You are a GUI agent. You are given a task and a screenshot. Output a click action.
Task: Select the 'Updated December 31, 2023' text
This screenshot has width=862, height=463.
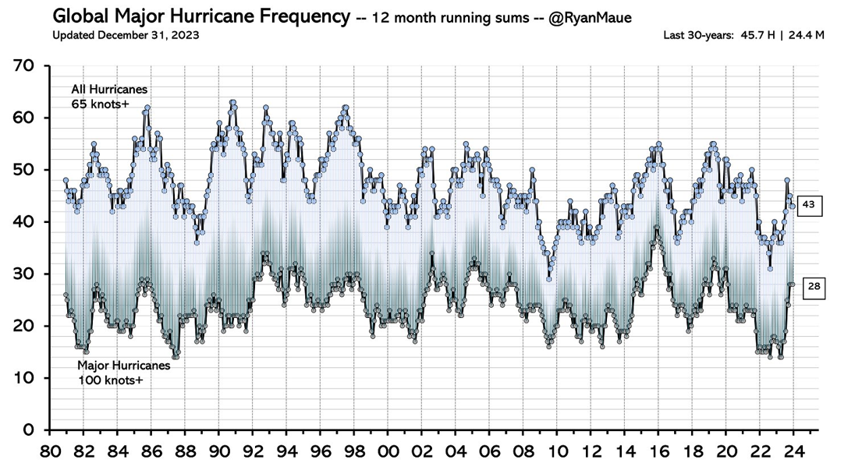click(126, 35)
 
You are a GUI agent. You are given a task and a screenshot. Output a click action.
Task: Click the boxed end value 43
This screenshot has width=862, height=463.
click(808, 205)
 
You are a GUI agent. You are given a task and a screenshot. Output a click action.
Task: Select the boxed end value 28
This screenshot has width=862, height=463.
click(814, 287)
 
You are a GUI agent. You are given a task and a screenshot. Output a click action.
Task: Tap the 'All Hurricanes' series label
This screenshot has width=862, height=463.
click(109, 90)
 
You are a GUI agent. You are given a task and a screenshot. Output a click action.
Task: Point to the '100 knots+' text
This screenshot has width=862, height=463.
click(111, 380)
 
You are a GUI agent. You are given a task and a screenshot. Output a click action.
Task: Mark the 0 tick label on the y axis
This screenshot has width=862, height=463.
click(29, 429)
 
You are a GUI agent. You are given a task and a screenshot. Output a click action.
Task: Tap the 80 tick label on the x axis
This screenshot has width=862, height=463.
click(49, 451)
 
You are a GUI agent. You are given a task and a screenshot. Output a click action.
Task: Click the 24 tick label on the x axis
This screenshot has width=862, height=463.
click(793, 451)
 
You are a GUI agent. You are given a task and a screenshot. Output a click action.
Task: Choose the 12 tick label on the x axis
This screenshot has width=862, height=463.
click(591, 451)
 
